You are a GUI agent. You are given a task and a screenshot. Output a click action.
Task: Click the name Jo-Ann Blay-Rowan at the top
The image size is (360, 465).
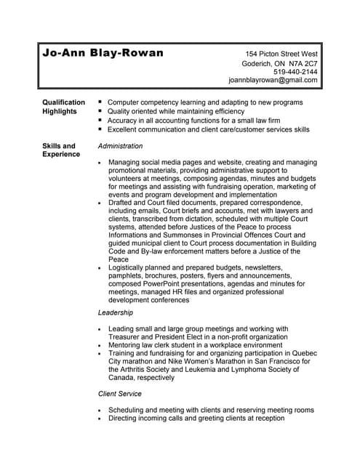click(103, 54)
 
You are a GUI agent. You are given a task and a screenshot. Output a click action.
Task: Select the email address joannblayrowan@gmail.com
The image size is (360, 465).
click(273, 81)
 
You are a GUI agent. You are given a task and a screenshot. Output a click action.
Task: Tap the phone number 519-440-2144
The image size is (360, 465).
click(295, 72)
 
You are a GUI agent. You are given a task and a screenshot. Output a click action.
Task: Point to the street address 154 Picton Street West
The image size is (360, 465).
click(281, 54)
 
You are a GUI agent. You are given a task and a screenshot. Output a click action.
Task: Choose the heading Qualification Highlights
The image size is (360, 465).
click(64, 107)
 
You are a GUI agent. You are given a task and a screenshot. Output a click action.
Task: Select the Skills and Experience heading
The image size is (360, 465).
click(59, 150)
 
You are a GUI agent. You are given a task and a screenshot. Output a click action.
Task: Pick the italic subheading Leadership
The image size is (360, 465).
click(116, 312)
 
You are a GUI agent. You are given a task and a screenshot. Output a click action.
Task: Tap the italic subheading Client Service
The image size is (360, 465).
click(120, 394)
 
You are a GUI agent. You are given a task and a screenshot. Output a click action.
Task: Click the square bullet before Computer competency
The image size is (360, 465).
click(100, 102)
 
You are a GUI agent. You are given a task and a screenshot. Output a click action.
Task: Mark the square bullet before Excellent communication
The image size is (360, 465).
click(100, 129)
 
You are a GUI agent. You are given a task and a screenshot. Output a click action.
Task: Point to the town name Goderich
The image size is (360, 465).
click(265, 63)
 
